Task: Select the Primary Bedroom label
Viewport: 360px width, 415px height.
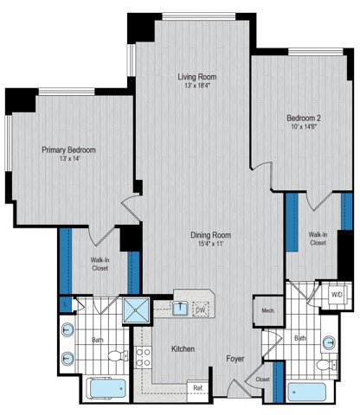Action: coord(69,150)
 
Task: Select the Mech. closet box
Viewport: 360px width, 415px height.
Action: coord(262,308)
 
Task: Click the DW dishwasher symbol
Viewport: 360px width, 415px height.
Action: coord(200,309)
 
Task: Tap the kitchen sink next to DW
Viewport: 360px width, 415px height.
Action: coord(180,307)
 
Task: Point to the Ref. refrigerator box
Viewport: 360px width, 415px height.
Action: coord(197,386)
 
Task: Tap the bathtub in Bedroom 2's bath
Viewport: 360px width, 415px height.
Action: coord(308,391)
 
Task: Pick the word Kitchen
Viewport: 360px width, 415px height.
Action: coord(182,348)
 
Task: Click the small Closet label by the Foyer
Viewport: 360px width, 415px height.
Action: coord(260,378)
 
